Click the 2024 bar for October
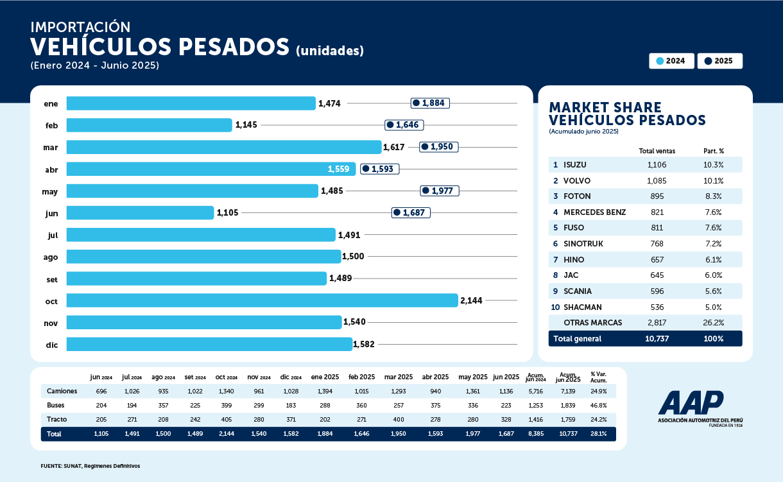coord(262,300)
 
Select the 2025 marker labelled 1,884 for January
coord(430,103)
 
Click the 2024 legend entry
coord(671,61)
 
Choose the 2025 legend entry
coord(719,61)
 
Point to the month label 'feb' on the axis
coord(51,126)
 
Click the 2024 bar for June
coord(140,212)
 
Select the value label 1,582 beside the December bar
coord(363,345)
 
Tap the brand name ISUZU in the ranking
coord(574,165)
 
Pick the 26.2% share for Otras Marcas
coord(713,322)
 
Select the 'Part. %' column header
coord(713,151)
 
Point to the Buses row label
coord(56,405)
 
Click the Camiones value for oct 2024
coord(227,391)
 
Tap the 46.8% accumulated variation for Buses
coord(598,405)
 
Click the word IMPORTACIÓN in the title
coord(80,27)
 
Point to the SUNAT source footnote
coord(90,465)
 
